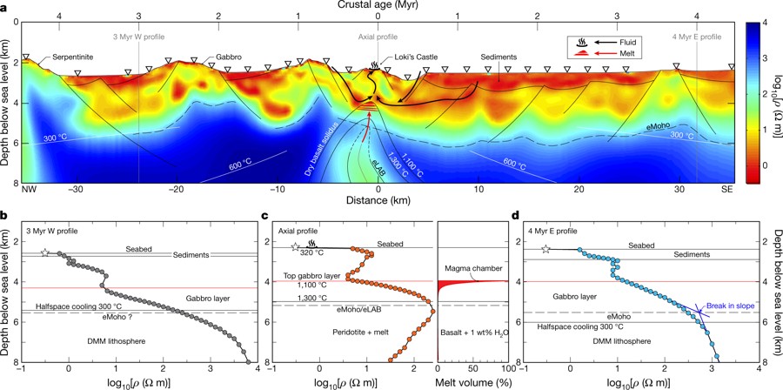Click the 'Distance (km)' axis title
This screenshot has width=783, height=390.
pos(378,201)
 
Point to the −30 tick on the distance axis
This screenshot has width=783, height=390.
pos(78,188)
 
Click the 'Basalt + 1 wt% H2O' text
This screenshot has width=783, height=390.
pos(474,332)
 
